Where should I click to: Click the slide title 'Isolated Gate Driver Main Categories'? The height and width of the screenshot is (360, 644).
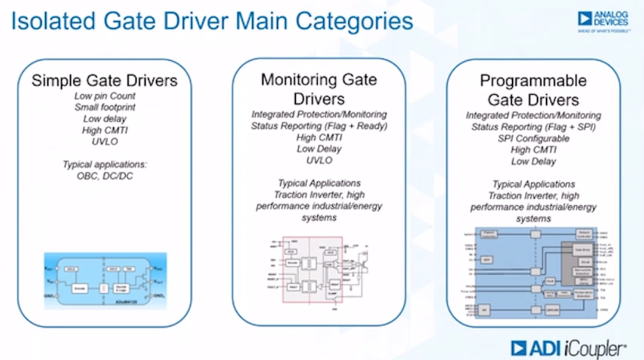click(x=212, y=22)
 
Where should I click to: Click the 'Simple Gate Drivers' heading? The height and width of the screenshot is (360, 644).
click(x=104, y=80)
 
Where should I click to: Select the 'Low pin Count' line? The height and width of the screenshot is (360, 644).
click(x=104, y=96)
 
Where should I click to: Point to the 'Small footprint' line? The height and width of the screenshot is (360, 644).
click(x=104, y=107)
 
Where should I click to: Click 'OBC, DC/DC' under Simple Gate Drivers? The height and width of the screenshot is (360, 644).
click(x=104, y=175)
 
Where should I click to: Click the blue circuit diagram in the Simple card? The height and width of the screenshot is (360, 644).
click(x=105, y=280)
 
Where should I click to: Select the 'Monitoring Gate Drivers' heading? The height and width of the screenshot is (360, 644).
click(x=319, y=88)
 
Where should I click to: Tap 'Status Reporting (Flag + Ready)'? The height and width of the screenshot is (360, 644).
click(x=319, y=126)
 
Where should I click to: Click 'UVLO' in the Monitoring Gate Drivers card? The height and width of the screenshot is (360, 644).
click(x=319, y=160)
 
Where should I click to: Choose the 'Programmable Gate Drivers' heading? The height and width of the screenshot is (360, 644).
click(x=533, y=89)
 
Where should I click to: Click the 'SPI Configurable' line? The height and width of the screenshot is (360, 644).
click(x=533, y=138)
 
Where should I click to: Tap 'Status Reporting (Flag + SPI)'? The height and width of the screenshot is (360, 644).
click(x=533, y=127)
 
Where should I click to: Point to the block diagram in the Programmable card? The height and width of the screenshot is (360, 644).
click(x=534, y=275)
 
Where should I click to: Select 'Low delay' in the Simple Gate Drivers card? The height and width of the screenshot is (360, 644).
click(x=104, y=119)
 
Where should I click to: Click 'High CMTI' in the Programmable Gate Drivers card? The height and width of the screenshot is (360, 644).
click(x=533, y=150)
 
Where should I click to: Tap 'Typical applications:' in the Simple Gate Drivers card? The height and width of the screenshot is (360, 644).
click(x=104, y=163)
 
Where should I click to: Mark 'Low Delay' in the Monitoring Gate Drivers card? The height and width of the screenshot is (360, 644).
click(x=319, y=149)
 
